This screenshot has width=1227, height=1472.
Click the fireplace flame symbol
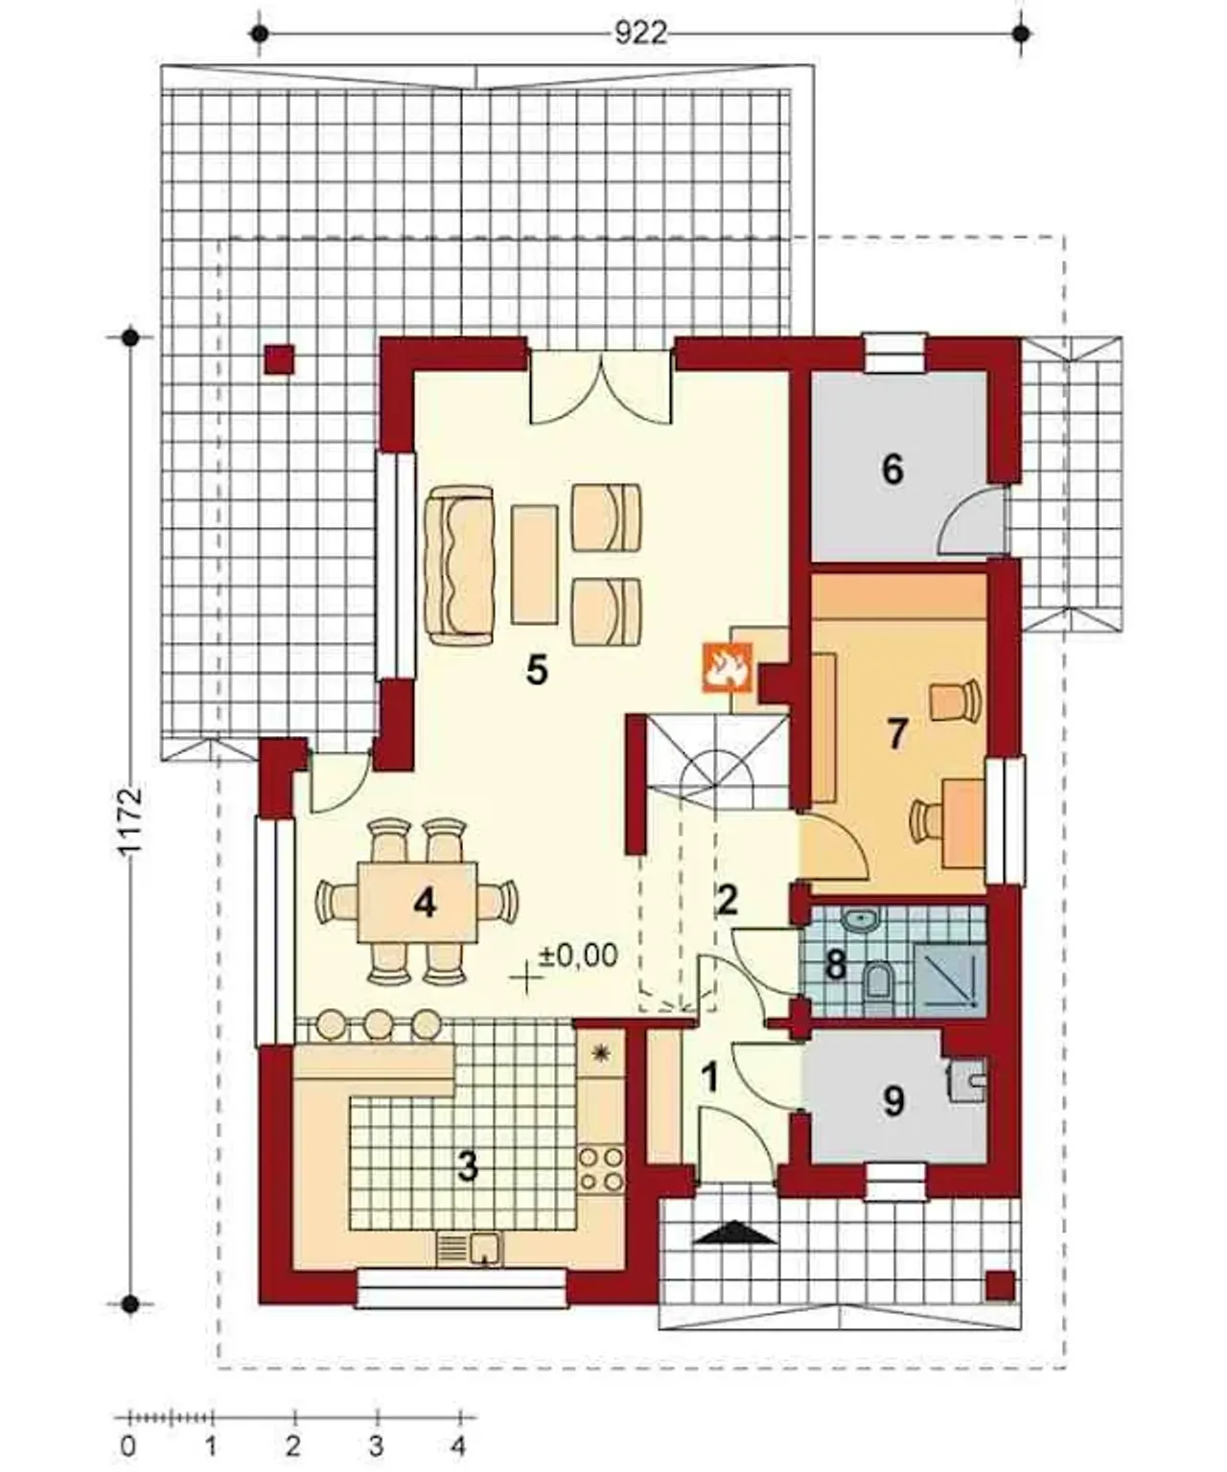point(727,666)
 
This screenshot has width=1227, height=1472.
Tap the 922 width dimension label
point(640,34)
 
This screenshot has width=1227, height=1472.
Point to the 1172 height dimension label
point(131,822)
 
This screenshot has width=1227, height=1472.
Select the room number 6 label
point(892,469)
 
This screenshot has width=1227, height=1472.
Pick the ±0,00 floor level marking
point(578,956)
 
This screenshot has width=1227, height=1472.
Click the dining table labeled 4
point(417,902)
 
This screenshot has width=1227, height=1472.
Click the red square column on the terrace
point(280,358)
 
